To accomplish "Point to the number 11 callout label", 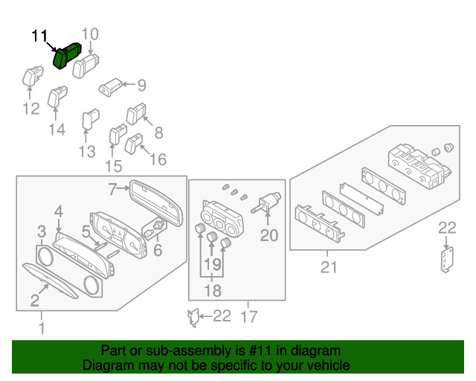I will click(x=39, y=35).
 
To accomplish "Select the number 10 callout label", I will click(x=89, y=33).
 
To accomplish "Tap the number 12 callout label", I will click(x=30, y=109).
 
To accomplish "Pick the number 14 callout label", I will click(x=57, y=129).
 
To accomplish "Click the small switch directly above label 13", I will click(x=89, y=118).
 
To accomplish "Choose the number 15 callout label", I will click(x=113, y=165).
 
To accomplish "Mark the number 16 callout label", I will click(x=158, y=159).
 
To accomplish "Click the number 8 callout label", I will click(x=158, y=133).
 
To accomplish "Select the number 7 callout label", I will click(x=113, y=189).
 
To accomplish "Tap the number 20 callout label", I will click(x=268, y=235).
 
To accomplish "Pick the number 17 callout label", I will click(x=249, y=317).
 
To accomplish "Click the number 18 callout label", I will click(x=213, y=291).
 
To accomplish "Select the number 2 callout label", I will click(x=34, y=300).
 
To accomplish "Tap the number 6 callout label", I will click(x=157, y=251).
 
